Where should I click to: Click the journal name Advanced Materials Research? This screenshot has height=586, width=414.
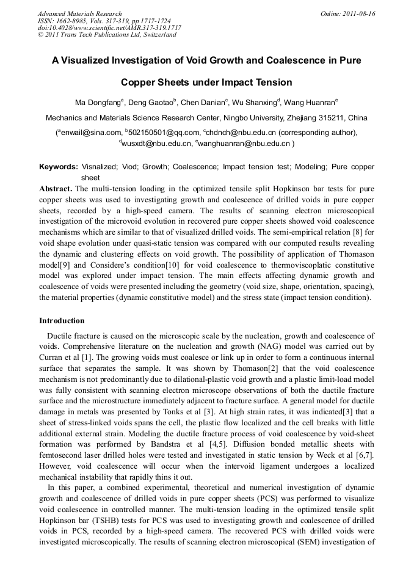point(79,13)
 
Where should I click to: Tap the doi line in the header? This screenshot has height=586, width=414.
point(109,27)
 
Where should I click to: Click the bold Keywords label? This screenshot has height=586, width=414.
point(59,167)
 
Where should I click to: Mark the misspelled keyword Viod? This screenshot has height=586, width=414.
point(128,167)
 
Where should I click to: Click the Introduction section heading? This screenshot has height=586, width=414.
point(62,321)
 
